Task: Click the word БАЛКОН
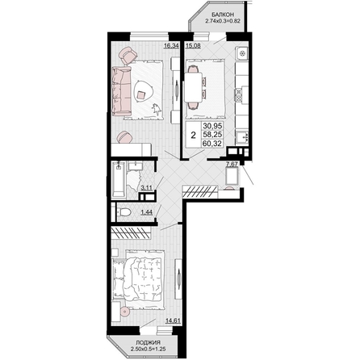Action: point(223,15)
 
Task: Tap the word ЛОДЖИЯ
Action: point(148,343)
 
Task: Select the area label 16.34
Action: point(171,45)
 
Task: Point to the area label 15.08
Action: point(193,45)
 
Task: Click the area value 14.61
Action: point(173,320)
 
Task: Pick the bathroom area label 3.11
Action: point(147,188)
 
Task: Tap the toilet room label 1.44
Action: point(147,212)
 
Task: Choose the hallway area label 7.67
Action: point(232,164)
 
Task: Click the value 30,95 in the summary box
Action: point(212,125)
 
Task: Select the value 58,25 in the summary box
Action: point(212,134)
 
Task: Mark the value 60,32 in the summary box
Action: point(212,144)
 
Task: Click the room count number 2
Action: point(193,135)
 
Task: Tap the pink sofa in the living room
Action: point(122,91)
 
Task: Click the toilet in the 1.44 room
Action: point(124,212)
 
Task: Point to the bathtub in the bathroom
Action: point(119,179)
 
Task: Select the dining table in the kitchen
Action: point(193,87)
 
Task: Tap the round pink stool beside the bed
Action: point(125,312)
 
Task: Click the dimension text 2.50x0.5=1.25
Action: point(148,350)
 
